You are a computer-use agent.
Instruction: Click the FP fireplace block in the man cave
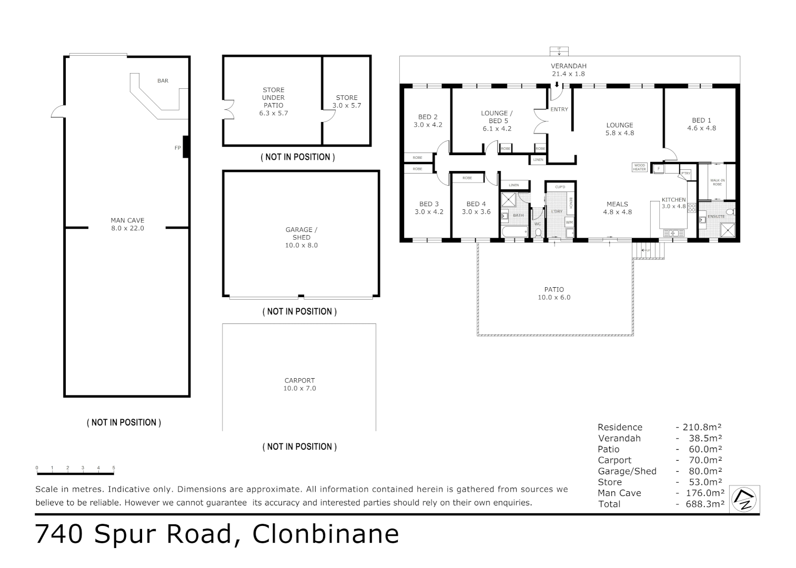point(186,147)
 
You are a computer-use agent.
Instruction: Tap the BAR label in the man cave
point(163,80)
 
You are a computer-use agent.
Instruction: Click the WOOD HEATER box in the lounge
point(639,167)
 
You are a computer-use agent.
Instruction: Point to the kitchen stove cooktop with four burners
point(692,207)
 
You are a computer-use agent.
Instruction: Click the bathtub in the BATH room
point(513,231)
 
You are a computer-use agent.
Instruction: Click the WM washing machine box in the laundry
point(569,222)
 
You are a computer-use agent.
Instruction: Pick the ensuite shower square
point(728,230)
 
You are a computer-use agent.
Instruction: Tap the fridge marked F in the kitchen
point(658,168)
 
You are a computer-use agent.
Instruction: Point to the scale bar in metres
point(75,468)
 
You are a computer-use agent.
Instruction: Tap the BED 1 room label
point(701,124)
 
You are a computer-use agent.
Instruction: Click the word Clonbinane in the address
point(326,534)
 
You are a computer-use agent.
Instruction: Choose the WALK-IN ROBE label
point(717,182)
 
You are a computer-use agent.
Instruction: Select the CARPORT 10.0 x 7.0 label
point(299,384)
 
